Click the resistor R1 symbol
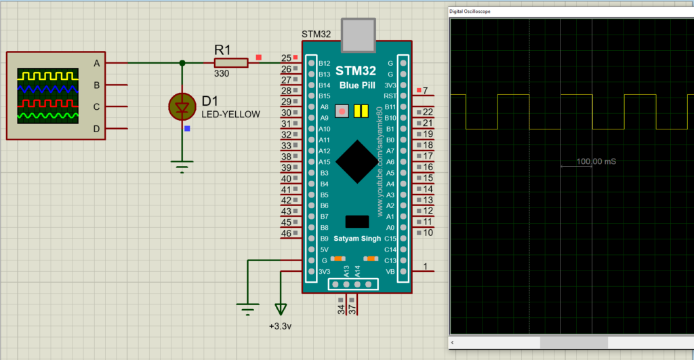231,63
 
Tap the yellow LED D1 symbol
182,107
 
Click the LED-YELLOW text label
230,115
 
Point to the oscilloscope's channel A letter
96,63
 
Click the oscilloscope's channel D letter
96,128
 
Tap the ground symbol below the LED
182,165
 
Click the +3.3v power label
280,325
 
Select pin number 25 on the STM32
286,58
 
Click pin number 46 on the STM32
286,233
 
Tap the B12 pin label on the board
324,63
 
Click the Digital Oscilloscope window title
470,12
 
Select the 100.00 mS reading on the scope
596,161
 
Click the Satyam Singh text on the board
356,239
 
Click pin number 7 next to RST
425,91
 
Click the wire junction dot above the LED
182,63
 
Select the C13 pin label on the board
390,260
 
